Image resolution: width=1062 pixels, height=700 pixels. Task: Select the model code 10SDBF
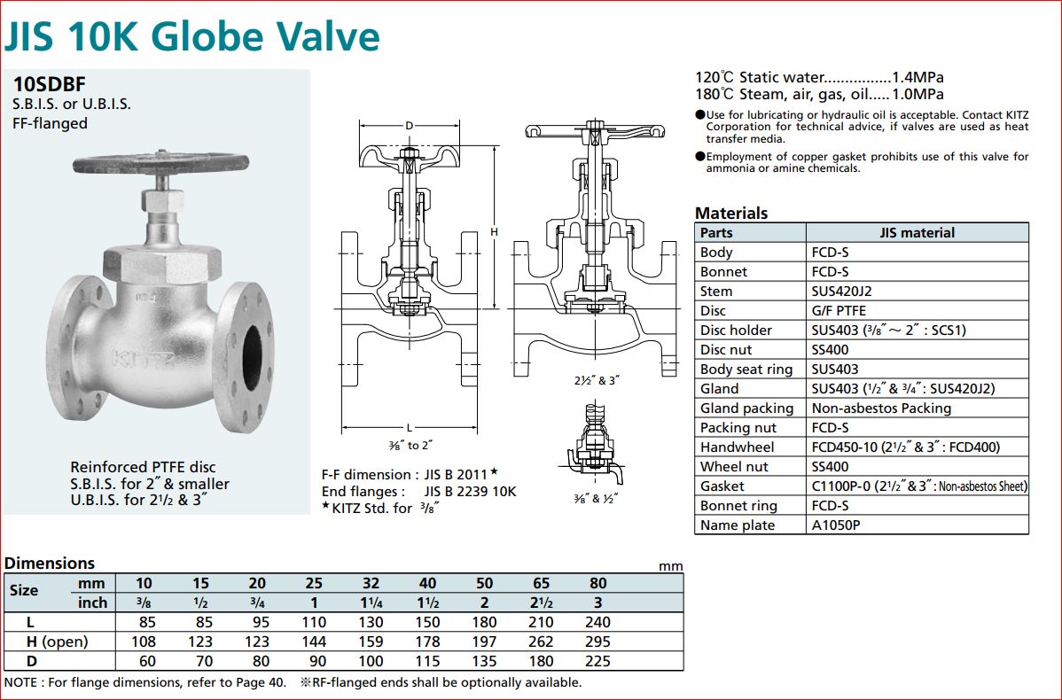[x=49, y=84]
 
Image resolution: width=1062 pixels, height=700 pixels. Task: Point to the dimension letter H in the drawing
[x=494, y=232]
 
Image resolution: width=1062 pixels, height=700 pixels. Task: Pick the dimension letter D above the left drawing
[x=409, y=126]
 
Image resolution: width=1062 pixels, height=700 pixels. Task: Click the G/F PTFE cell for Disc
[x=839, y=310]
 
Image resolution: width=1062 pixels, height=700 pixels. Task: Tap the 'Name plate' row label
[x=737, y=525]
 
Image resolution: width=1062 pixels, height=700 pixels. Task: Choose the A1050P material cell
[x=836, y=525]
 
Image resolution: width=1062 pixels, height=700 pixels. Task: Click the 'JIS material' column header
[x=917, y=232]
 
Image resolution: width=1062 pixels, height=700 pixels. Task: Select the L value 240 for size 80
[x=597, y=622]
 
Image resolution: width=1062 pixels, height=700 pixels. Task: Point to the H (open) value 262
[x=541, y=642]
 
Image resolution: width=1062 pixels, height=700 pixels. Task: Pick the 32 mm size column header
[x=371, y=583]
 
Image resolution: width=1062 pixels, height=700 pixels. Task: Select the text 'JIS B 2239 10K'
[x=469, y=491]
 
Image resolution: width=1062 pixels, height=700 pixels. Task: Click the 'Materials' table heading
[x=731, y=213]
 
